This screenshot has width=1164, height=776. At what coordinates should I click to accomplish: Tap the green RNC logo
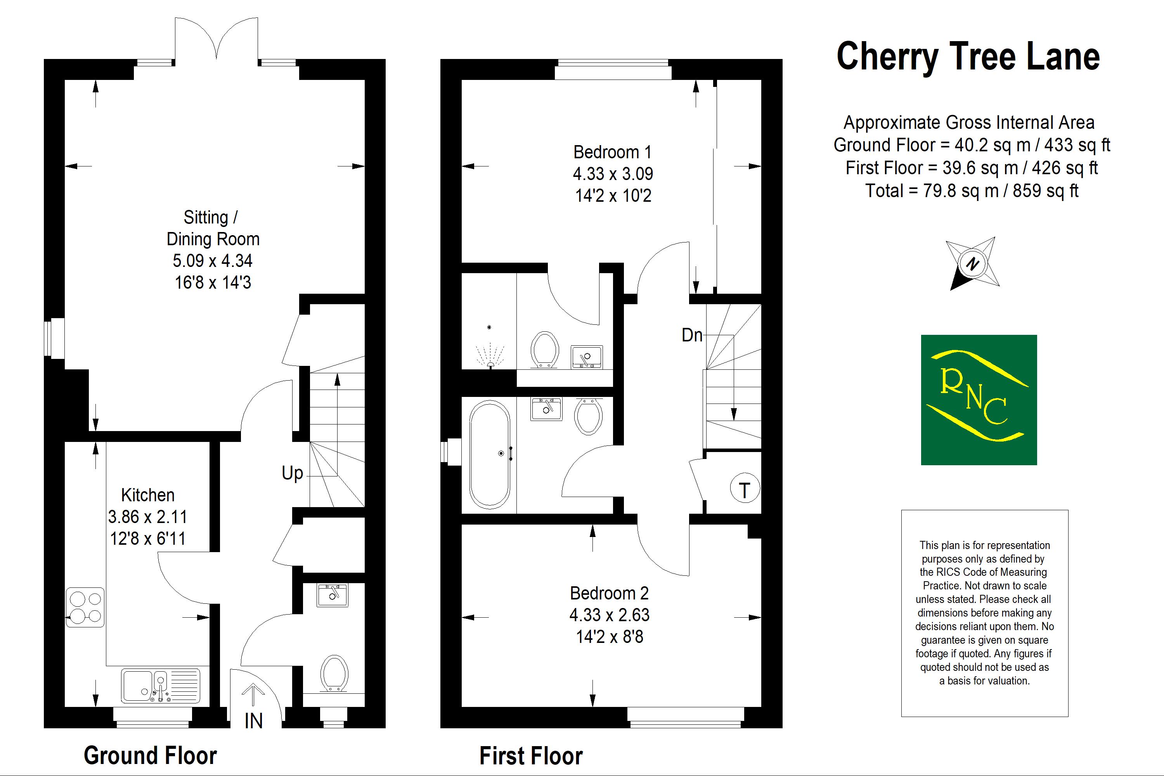click(979, 400)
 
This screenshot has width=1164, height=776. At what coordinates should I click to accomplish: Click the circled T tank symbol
click(744, 489)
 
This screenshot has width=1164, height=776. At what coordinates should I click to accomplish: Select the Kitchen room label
click(147, 495)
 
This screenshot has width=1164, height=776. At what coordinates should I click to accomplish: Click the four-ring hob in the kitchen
click(85, 608)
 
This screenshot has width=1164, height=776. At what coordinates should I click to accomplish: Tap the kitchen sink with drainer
click(161, 686)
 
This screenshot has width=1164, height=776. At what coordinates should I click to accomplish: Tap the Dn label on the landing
click(692, 336)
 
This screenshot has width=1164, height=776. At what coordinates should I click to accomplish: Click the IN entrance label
click(253, 721)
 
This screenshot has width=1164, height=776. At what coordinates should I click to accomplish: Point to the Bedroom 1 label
click(612, 152)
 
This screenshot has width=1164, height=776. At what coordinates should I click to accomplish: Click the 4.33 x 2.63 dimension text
click(609, 615)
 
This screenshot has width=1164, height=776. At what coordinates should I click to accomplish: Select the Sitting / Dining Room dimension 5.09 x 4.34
click(212, 260)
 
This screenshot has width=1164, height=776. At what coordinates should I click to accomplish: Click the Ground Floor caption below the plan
click(151, 756)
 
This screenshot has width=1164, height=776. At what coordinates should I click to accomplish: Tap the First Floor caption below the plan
click(531, 756)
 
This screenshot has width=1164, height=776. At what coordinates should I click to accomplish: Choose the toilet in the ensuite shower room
click(544, 350)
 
